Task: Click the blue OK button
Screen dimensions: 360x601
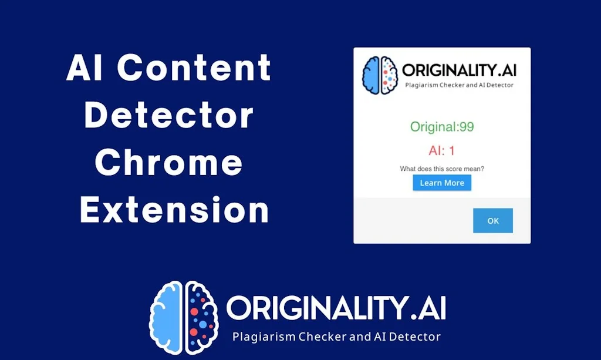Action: pyautogui.click(x=493, y=221)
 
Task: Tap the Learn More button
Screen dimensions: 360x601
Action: pyautogui.click(x=442, y=183)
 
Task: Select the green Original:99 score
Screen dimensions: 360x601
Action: pyautogui.click(x=441, y=127)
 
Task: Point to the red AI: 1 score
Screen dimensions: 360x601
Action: pyautogui.click(x=442, y=151)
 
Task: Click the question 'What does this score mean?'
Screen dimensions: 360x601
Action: pyautogui.click(x=442, y=169)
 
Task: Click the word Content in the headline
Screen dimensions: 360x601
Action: pyautogui.click(x=194, y=69)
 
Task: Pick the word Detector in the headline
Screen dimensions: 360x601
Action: pyautogui.click(x=169, y=116)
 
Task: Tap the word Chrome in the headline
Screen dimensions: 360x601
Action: pyautogui.click(x=168, y=163)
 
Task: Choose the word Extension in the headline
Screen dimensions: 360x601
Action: pyautogui.click(x=174, y=210)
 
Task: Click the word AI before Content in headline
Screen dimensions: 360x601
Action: pyautogui.click(x=86, y=69)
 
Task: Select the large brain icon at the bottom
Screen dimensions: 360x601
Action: pyautogui.click(x=184, y=317)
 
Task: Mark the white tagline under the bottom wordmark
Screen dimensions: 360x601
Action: pyautogui.click(x=336, y=337)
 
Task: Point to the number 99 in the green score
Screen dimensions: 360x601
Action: pyautogui.click(x=467, y=127)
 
